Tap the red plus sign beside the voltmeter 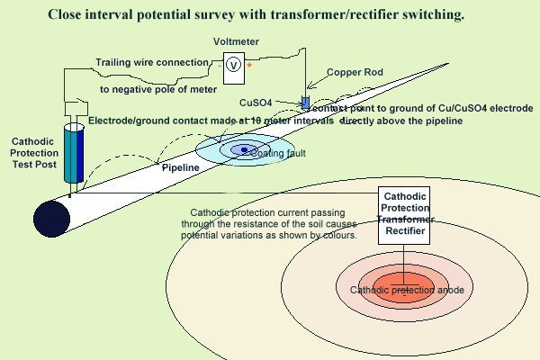click(248, 65)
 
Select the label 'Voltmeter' click(235, 42)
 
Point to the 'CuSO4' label click(282, 103)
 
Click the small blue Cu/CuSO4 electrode click(305, 102)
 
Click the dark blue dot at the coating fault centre click(243, 149)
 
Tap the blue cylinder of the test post click(72, 156)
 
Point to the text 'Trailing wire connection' click(152, 62)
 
